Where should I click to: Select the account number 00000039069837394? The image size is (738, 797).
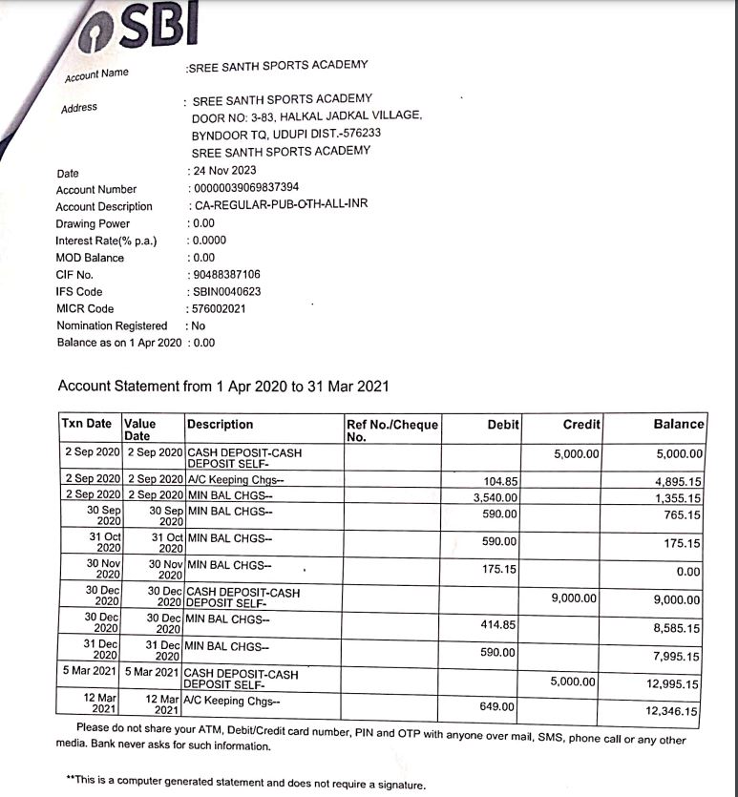pos(245,187)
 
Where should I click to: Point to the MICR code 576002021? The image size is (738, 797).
pos(219,308)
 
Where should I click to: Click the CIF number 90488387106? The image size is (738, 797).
pos(226,274)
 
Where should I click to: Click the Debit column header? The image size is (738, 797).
pos(502,424)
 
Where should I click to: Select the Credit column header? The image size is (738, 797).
pos(581,424)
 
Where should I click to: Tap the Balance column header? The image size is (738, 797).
pos(678,424)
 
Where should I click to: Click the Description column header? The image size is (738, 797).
pos(221,424)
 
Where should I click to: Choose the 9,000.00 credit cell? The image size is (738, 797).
pos(575,598)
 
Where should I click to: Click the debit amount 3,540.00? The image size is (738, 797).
pos(496,497)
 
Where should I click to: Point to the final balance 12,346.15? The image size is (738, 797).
pos(672,711)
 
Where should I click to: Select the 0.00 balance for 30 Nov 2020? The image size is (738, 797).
pos(687,572)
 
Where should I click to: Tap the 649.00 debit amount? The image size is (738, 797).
pos(498,707)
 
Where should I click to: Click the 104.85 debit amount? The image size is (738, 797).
pos(500,481)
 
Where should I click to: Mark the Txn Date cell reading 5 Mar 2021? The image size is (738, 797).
pos(90,671)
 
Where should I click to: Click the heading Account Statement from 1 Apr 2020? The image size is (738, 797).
pos(223,387)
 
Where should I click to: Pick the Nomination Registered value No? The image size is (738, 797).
pos(199,325)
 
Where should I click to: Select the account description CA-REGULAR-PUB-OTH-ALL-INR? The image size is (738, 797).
pos(280,204)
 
